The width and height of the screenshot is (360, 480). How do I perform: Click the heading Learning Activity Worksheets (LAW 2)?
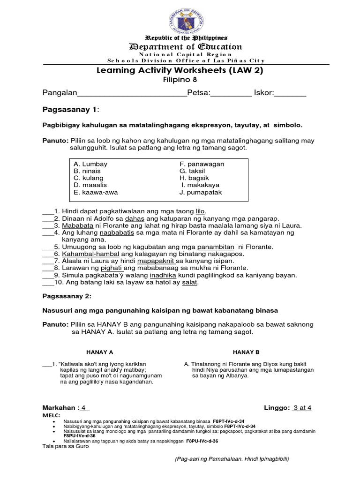[x=180, y=70]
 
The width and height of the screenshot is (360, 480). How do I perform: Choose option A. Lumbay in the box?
[x=90, y=164]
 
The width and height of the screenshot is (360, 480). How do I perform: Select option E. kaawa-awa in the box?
[x=94, y=192]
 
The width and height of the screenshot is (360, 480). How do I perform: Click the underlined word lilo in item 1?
[x=200, y=211]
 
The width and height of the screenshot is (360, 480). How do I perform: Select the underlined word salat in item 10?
[x=190, y=282]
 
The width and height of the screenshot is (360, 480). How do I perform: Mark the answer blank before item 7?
[x=48, y=261]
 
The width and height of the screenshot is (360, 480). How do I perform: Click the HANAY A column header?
[x=99, y=352]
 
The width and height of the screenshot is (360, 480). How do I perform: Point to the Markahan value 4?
[x=84, y=408]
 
